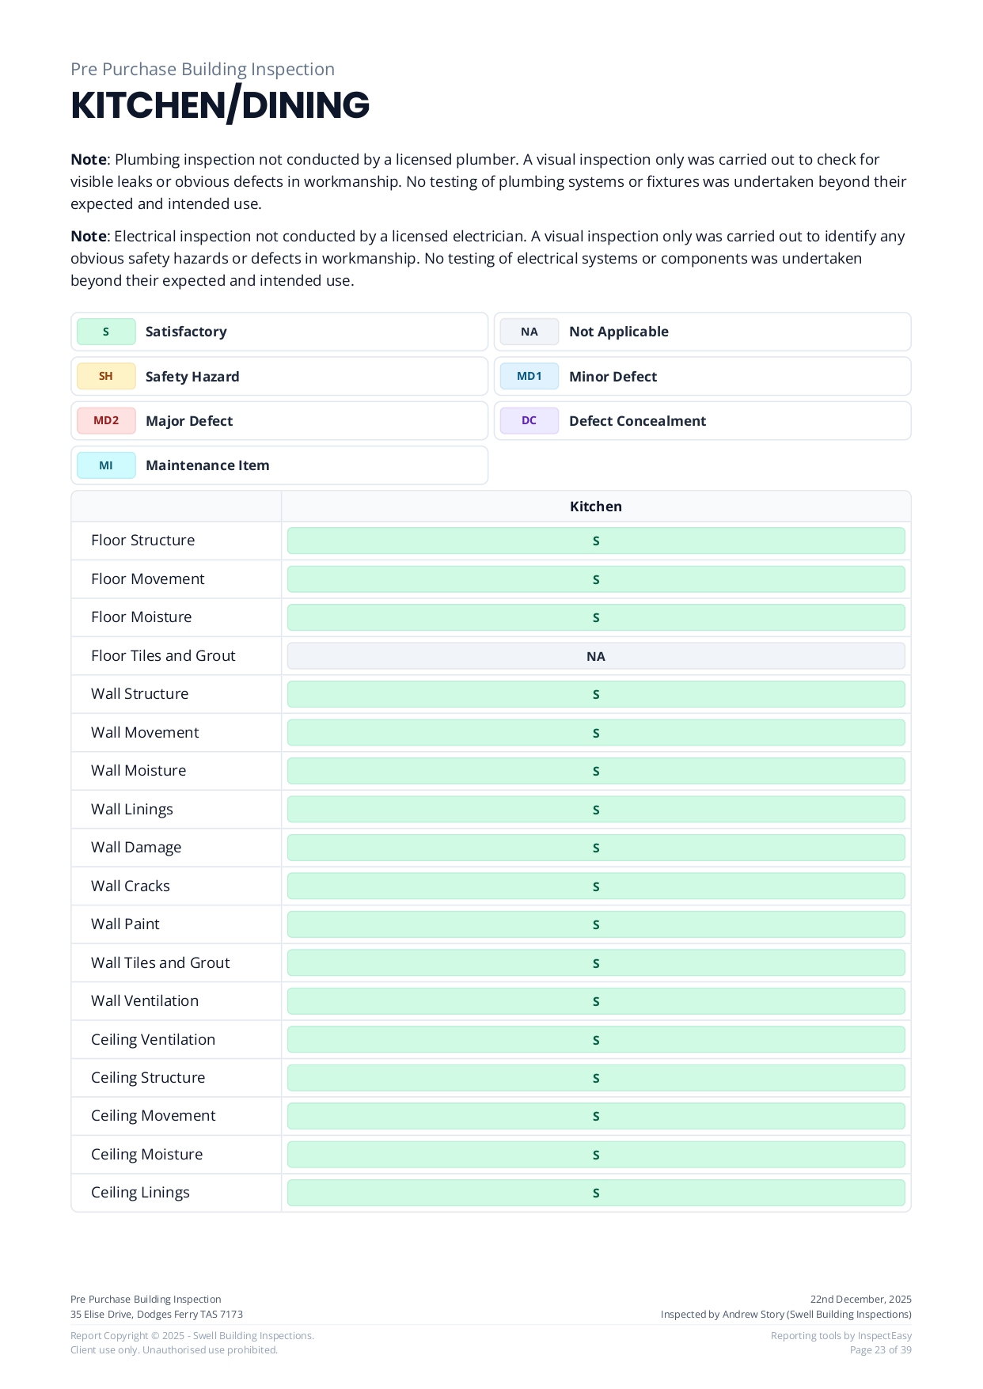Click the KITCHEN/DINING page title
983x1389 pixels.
coord(220,105)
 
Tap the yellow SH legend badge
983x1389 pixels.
coord(106,377)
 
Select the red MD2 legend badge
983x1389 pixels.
coord(106,421)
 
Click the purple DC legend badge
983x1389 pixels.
coord(529,421)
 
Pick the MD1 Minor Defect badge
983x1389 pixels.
coord(529,377)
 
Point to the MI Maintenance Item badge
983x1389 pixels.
coord(106,465)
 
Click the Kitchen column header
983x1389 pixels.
coord(595,507)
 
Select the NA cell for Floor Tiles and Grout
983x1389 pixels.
coord(595,656)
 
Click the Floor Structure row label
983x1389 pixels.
coord(142,541)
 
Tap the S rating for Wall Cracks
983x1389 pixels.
coord(595,886)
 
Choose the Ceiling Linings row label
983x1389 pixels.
coord(140,1193)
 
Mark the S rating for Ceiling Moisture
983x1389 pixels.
coord(595,1155)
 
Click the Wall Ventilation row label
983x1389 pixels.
coord(145,1001)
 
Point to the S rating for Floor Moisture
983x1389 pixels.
coord(595,617)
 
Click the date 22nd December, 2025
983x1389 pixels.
coord(860,1300)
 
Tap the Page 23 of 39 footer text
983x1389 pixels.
coord(880,1350)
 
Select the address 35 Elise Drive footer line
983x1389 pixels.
coord(157,1315)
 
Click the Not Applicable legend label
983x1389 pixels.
coord(618,332)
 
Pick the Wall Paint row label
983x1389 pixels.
coord(125,924)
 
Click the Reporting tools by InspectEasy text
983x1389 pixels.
coord(841,1336)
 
